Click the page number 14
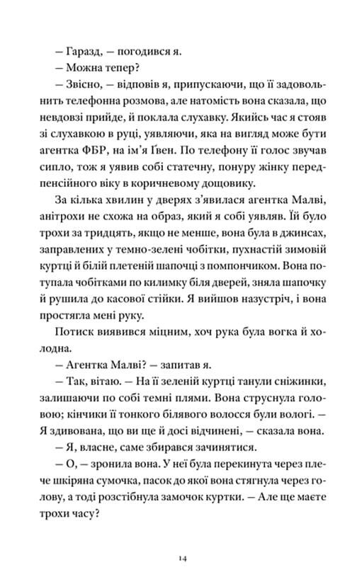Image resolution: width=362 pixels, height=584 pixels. [x=182, y=559]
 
